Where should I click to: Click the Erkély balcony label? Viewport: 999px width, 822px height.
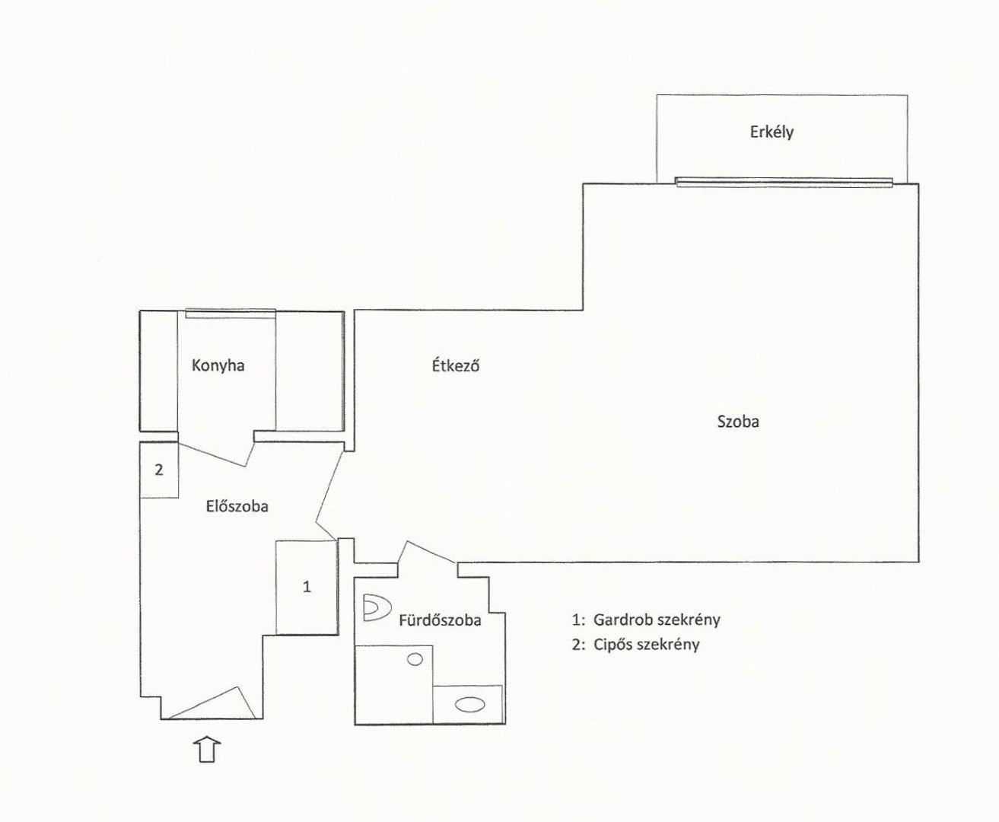pyautogui.click(x=772, y=132)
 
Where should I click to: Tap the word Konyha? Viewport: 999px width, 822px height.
pyautogui.click(x=218, y=365)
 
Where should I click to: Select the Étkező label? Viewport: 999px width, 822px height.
pyautogui.click(x=456, y=366)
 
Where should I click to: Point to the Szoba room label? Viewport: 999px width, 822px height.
pyautogui.click(x=738, y=422)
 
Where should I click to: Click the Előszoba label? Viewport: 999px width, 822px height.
pyautogui.click(x=237, y=506)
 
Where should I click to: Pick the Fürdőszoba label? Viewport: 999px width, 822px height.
pyautogui.click(x=440, y=620)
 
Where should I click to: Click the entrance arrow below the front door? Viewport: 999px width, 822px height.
pyautogui.click(x=208, y=750)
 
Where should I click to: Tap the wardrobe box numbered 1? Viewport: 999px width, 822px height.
pyautogui.click(x=307, y=587)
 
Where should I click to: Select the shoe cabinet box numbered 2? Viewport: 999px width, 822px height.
pyautogui.click(x=159, y=470)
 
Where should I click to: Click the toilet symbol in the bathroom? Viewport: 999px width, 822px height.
pyautogui.click(x=376, y=608)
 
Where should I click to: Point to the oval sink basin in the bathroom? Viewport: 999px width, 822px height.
pyautogui.click(x=470, y=705)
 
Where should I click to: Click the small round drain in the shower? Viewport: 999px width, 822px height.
pyautogui.click(x=415, y=659)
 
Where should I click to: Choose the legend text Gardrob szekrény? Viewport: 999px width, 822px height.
pyautogui.click(x=657, y=620)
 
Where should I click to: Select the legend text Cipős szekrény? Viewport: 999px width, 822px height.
pyautogui.click(x=646, y=645)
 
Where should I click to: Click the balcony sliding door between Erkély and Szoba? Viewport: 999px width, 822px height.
pyautogui.click(x=784, y=182)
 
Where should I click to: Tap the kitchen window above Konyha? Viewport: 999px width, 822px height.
pyautogui.click(x=231, y=314)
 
